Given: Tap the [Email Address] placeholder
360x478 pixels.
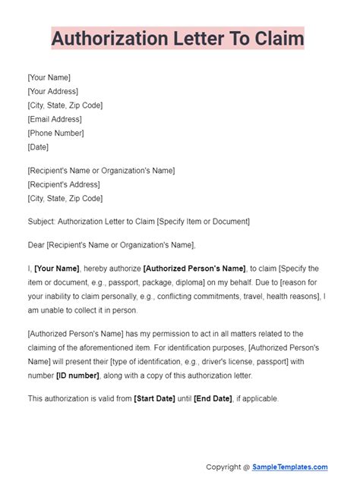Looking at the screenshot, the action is tap(54, 119).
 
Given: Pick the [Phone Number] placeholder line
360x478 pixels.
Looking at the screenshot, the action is tap(55, 133).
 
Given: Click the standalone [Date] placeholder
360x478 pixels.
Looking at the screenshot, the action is tap(38, 147).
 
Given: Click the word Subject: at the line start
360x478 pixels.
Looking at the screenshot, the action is tap(43, 222).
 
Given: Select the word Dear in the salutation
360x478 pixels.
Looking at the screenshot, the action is tap(36, 245).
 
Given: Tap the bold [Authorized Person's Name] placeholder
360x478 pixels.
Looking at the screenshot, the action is tap(194, 269).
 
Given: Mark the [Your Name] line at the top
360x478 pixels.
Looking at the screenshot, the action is tap(49, 77).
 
